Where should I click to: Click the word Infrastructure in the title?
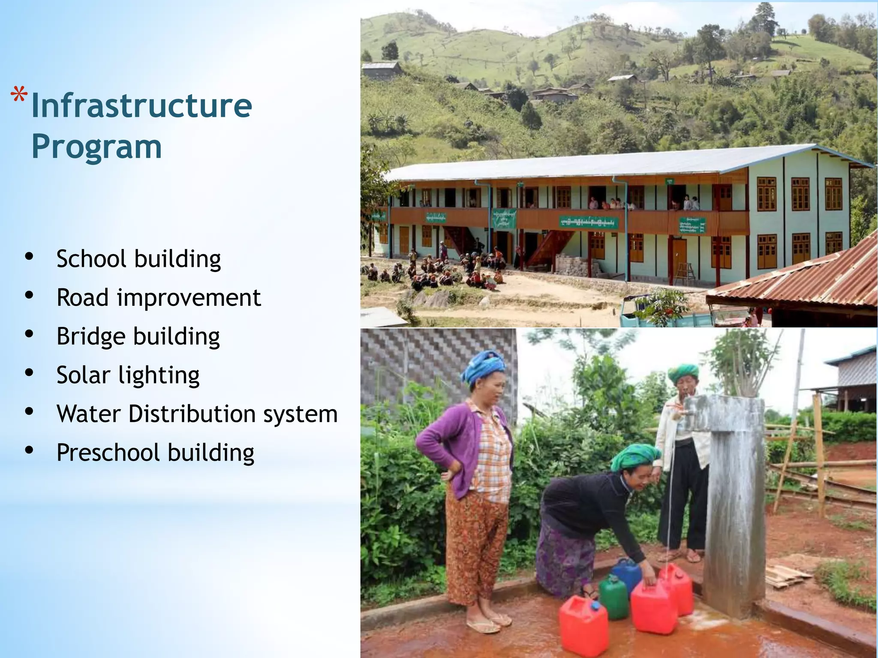[141, 106]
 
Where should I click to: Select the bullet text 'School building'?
[138, 259]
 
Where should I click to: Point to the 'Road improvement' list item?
[159, 297]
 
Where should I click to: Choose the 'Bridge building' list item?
[138, 336]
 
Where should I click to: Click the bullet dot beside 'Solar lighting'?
[29, 373]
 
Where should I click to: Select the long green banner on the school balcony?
[588, 222]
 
